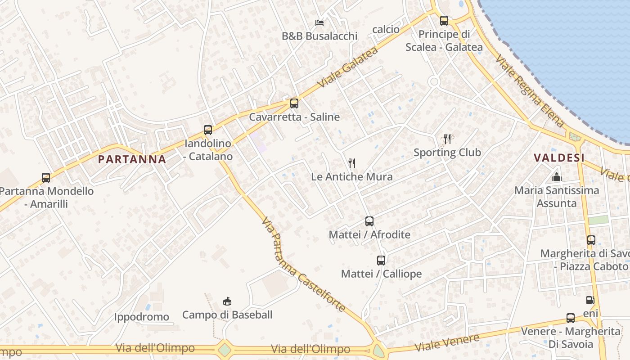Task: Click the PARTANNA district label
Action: pos(132,159)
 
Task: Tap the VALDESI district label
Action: pos(559,158)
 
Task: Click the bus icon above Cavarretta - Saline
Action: pos(294,103)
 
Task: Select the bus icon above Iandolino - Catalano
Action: pos(208,130)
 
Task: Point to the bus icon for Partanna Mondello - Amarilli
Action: pos(46,178)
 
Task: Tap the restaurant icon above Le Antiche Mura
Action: pos(352,163)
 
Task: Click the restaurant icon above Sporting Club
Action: pos(447,139)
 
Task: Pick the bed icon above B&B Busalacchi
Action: pos(319,22)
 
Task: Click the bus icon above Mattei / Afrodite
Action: pos(369,221)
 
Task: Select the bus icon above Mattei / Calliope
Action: pos(381,260)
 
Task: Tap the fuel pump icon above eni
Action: pos(590,300)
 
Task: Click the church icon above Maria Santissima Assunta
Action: pos(557,177)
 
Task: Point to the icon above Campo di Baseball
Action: pos(227,301)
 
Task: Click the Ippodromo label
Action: pos(141,317)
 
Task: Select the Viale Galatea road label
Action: pos(347,67)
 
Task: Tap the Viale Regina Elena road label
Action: pos(530,91)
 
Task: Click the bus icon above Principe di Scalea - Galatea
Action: pos(444,20)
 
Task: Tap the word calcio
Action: pos(386,29)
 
